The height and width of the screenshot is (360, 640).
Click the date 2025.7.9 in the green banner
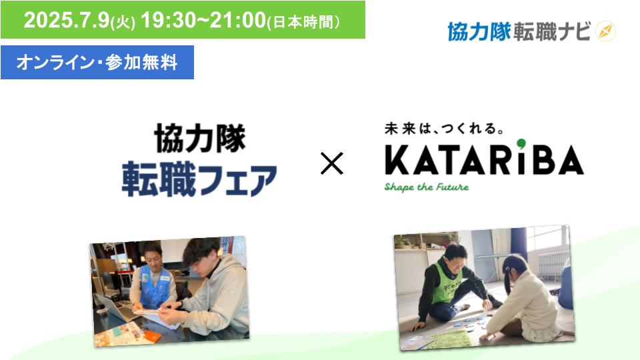[x=67, y=19]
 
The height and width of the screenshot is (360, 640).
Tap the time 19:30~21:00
[x=204, y=19]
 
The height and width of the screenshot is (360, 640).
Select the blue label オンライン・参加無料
[x=97, y=63]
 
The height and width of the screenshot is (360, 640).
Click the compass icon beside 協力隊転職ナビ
[x=605, y=31]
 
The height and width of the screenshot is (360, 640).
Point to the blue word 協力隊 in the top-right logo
[x=479, y=31]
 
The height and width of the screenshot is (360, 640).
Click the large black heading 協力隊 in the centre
[x=200, y=139]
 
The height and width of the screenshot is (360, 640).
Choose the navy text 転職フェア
[x=199, y=179]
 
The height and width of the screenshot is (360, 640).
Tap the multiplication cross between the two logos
[x=332, y=163]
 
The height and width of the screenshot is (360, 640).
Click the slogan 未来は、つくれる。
[x=444, y=129]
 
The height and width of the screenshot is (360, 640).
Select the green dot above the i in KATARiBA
[x=521, y=144]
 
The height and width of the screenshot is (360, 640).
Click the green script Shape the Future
[x=427, y=187]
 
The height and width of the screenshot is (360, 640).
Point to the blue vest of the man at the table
[x=154, y=286]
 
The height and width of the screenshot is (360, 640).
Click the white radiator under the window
[x=552, y=265]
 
